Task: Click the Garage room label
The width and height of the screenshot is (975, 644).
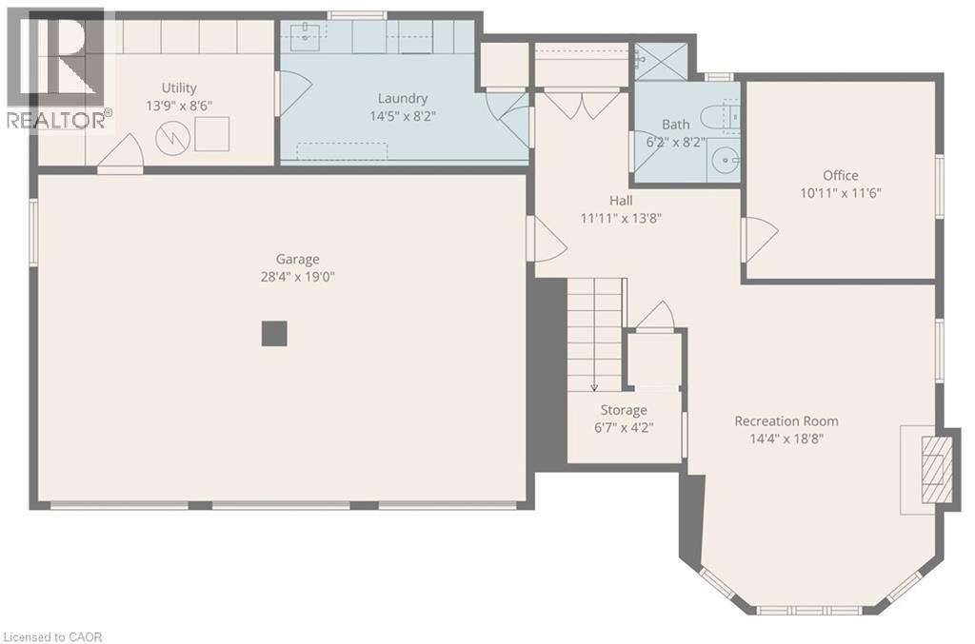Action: click(297, 259)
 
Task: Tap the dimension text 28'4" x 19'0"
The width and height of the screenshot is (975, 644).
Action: click(297, 277)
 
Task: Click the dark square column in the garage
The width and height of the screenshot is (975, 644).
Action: click(274, 333)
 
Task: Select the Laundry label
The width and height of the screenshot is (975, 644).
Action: click(403, 98)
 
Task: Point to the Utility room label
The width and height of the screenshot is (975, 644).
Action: click(179, 88)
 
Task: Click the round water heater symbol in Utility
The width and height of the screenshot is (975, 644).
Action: click(172, 139)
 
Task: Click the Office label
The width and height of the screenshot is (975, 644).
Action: click(841, 175)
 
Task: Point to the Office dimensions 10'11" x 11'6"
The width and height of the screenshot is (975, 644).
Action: click(841, 193)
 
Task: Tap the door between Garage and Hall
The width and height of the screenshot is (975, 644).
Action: click(547, 237)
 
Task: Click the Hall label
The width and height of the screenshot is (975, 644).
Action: click(621, 201)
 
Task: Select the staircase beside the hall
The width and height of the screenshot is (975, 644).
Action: click(596, 334)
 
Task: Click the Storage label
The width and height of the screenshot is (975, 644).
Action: click(624, 410)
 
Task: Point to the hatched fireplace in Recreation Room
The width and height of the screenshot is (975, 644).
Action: click(938, 467)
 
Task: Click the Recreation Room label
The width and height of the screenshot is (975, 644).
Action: click(786, 421)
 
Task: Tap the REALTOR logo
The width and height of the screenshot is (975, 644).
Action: click(57, 67)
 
